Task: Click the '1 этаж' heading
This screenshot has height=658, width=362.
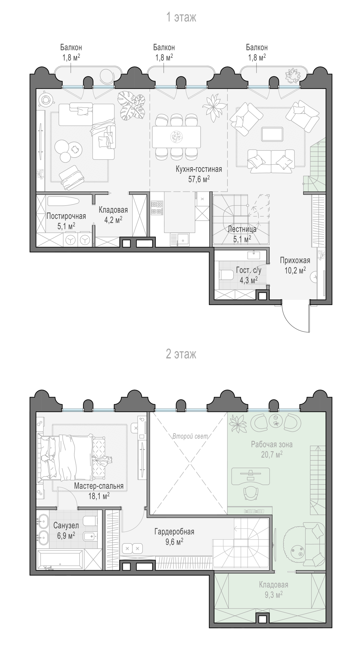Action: pyautogui.click(x=181, y=18)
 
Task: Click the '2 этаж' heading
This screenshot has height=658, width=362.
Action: pyautogui.click(x=181, y=354)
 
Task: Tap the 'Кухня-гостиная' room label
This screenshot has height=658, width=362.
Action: pyautogui.click(x=199, y=169)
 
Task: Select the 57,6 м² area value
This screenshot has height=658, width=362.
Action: pyautogui.click(x=199, y=179)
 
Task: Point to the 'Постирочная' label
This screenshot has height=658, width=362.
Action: pyautogui.click(x=66, y=216)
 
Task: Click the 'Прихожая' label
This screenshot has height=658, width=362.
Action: pyautogui.click(x=295, y=260)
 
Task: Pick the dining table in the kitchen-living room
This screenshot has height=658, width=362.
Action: pyautogui.click(x=176, y=137)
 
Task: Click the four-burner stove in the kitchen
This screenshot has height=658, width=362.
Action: pyautogui.click(x=157, y=208)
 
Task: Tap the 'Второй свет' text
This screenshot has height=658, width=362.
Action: pyautogui.click(x=190, y=436)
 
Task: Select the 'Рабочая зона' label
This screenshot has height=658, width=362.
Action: pyautogui.click(x=272, y=445)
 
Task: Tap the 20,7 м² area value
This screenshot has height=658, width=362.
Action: pyautogui.click(x=272, y=454)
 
